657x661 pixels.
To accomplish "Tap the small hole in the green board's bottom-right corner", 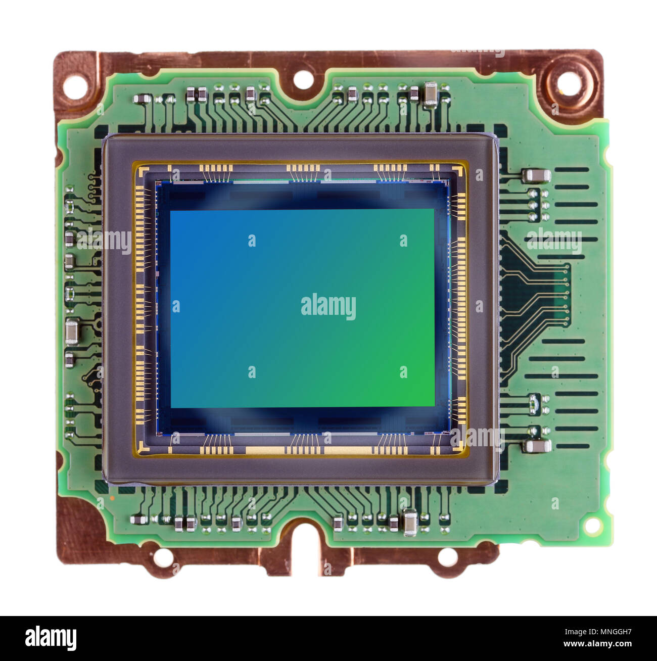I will (x=591, y=526).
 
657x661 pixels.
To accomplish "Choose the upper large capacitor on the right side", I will (x=537, y=176).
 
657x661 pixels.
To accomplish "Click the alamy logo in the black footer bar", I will (x=51, y=638).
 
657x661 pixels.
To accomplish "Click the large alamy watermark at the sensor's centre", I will (x=329, y=306).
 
